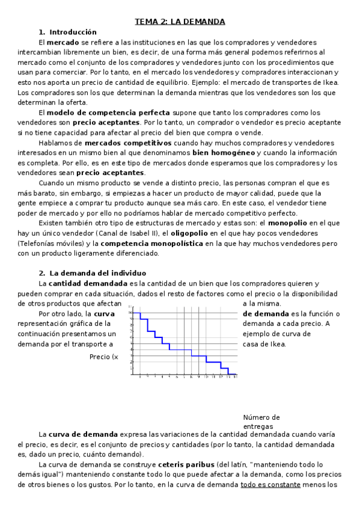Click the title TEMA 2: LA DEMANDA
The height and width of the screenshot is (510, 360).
[180, 22]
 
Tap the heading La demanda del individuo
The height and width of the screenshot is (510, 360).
[97, 273]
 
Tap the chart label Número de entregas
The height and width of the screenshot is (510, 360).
[261, 422]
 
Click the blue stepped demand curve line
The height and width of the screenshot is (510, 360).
[180, 349]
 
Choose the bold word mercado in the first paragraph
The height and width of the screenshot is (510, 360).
[62, 42]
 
